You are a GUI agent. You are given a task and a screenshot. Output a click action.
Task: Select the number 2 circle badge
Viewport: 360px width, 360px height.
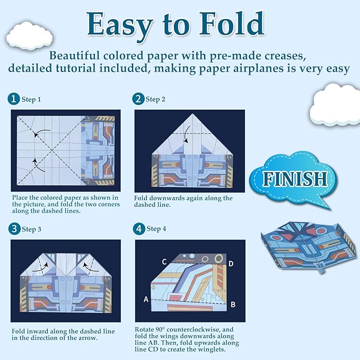coord(138,99)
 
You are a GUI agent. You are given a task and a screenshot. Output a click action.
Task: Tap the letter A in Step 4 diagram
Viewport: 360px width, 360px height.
coord(146,299)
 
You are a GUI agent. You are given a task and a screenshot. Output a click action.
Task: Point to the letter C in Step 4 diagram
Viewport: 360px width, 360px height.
coord(164,261)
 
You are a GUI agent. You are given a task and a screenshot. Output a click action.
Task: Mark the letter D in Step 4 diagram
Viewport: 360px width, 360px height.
coord(231,264)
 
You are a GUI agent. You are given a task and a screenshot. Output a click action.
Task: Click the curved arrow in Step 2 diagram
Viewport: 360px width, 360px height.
coord(185,137)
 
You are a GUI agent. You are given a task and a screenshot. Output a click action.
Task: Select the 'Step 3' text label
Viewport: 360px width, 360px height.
coord(31,229)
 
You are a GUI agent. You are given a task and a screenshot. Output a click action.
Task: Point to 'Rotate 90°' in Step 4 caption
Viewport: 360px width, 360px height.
coord(154,329)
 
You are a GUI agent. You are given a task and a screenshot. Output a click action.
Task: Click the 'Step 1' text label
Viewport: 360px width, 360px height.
coord(31,99)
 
